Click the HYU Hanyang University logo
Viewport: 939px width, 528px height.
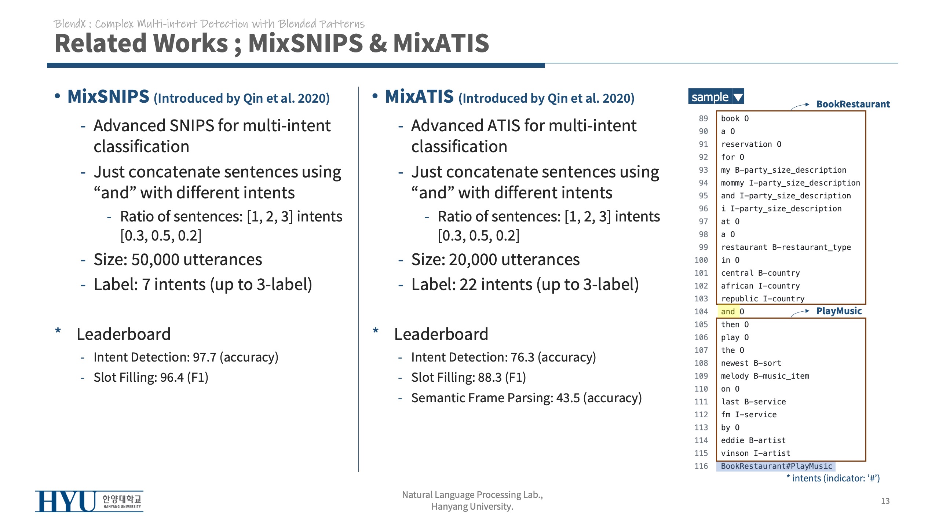pos(89,501)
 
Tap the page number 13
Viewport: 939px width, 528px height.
pos(885,501)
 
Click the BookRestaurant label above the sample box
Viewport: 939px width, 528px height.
pos(853,104)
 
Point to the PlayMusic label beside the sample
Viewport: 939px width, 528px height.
pos(839,311)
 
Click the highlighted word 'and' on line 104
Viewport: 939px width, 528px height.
pos(728,312)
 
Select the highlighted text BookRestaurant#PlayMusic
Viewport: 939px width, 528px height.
pos(776,466)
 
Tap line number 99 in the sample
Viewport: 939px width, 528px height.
pos(703,247)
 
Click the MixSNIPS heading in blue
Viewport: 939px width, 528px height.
pos(109,97)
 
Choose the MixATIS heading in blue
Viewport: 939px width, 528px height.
pos(419,97)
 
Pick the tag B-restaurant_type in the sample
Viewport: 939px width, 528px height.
pos(811,247)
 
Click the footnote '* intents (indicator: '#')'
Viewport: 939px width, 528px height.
pos(833,478)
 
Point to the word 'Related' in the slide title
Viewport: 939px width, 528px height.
pos(100,43)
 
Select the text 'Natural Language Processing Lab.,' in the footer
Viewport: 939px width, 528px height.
pos(472,495)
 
